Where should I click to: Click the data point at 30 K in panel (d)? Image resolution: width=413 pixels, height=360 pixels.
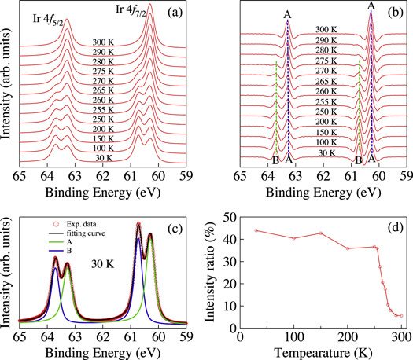click(x=256, y=230)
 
